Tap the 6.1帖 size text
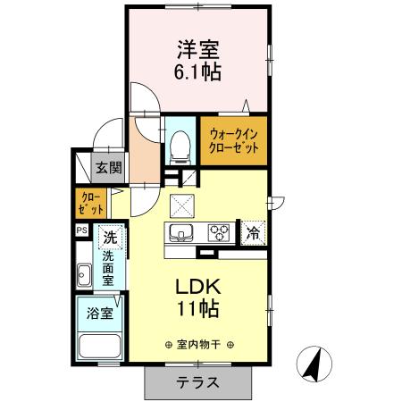click(197, 71)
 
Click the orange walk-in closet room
click(232, 141)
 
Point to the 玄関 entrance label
click(110, 166)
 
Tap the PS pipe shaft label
click(81, 230)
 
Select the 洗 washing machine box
click(109, 239)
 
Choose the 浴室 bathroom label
click(98, 314)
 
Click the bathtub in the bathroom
click(99, 348)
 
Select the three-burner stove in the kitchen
click(217, 234)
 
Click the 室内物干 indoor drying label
click(199, 344)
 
